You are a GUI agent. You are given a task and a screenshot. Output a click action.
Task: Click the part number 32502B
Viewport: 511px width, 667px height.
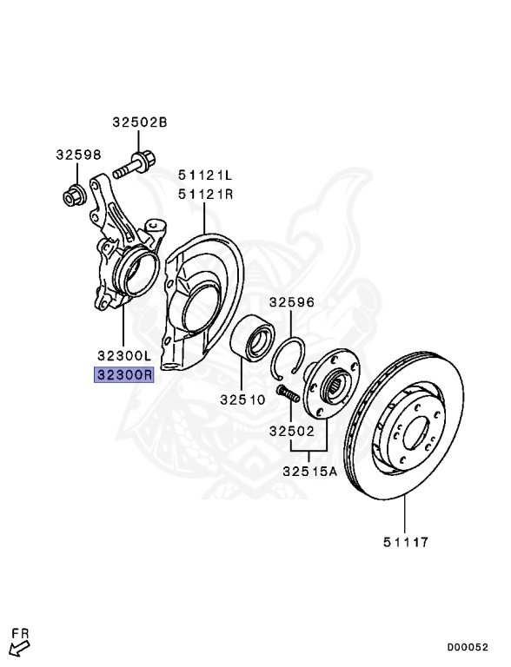pyautogui.click(x=140, y=122)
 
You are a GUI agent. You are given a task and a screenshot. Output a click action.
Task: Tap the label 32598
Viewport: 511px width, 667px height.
pyautogui.click(x=78, y=155)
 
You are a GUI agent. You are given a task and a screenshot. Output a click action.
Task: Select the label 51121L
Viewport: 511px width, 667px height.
pyautogui.click(x=205, y=175)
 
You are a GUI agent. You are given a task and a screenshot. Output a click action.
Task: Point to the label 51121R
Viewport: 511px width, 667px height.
pyautogui.click(x=206, y=194)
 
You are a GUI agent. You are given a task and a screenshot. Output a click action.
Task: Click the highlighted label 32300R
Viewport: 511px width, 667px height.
pyautogui.click(x=124, y=375)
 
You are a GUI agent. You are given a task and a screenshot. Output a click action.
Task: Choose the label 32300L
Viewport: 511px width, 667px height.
pyautogui.click(x=124, y=354)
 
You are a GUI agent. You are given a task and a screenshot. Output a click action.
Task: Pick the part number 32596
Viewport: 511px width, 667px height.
pyautogui.click(x=292, y=302)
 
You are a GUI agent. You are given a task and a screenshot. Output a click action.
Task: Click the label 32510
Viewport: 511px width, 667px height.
pyautogui.click(x=242, y=400)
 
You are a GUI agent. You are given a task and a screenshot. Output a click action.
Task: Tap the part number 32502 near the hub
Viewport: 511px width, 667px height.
pyautogui.click(x=292, y=431)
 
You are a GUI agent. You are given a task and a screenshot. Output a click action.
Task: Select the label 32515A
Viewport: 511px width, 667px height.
pyautogui.click(x=309, y=471)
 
